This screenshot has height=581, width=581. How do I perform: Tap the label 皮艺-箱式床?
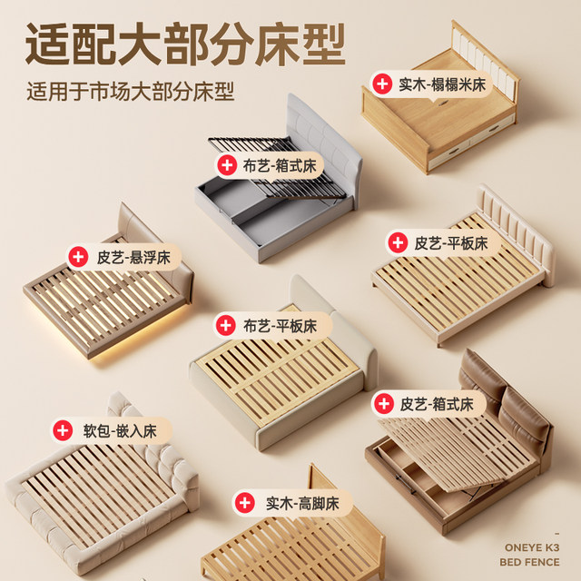click(x=438, y=404)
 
